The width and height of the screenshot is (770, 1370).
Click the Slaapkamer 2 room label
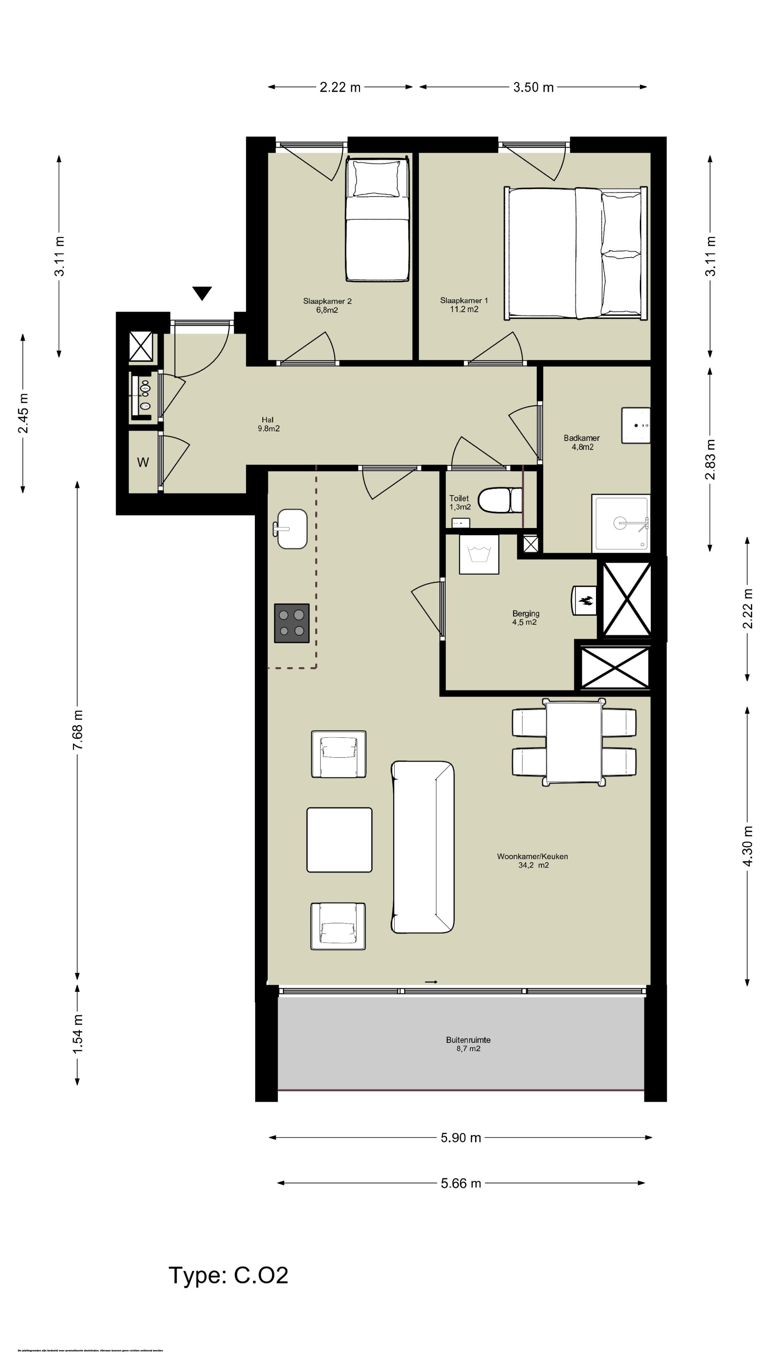[x=327, y=305]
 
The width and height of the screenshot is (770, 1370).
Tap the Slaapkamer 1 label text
[x=463, y=305]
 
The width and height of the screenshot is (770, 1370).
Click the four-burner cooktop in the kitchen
[x=292, y=623]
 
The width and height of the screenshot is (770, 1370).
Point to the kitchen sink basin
[x=292, y=529]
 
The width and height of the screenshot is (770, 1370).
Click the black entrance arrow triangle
[x=202, y=293]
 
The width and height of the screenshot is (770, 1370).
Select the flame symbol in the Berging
[x=585, y=601]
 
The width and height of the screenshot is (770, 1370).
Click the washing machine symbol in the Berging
[x=479, y=554]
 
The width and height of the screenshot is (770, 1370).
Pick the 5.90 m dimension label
[x=460, y=1138]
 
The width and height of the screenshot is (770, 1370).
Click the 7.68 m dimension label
[x=78, y=730]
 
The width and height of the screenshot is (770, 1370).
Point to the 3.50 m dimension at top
[x=533, y=87]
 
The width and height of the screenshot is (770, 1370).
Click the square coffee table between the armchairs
[x=339, y=840]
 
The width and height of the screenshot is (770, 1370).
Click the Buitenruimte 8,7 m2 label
[x=468, y=1044]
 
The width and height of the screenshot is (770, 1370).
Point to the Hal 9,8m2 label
[x=268, y=424]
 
